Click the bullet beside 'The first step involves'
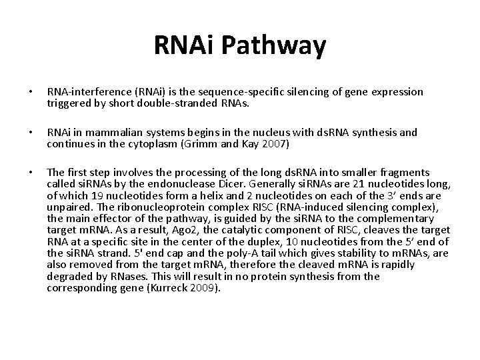pyautogui.click(x=32, y=172)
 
